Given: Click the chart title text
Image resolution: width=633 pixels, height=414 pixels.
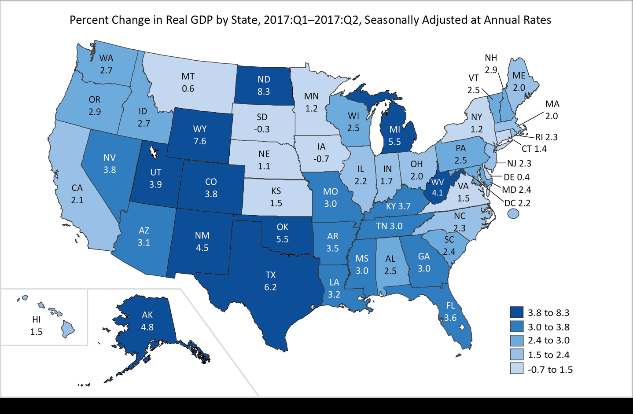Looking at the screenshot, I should coord(310,20).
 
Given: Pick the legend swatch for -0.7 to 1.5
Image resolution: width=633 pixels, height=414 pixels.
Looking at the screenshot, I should coord(516,369).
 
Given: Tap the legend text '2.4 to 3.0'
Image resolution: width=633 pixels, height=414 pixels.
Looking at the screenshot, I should coord(548,341).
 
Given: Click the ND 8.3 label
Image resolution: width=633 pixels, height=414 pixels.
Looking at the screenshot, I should coord(264,85).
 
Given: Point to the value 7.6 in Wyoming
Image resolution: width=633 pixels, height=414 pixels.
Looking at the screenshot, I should coord(200,141).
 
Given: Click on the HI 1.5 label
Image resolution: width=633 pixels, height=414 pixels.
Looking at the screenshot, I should coord(36,326).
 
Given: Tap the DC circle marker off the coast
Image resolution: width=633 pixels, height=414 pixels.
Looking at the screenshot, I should coord(513,214).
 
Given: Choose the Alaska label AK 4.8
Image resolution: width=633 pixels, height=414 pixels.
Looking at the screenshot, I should coord(147,321).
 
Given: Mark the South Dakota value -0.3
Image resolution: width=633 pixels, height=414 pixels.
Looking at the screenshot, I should coord(262,129).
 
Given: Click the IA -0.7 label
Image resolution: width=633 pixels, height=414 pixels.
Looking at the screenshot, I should coord(321,153).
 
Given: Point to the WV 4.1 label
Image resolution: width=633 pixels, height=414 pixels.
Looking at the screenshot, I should coord(438,187).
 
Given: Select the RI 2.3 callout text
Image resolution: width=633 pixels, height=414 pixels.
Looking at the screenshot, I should coord(546,137).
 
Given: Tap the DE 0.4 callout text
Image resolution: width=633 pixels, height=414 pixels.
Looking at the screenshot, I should coord(516,177).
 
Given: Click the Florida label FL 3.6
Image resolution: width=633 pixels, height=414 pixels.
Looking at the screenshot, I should coord(450,311).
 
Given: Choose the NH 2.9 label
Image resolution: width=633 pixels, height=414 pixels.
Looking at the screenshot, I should coord(491,64).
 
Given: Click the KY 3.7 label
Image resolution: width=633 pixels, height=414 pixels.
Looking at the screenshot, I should coord(398,206).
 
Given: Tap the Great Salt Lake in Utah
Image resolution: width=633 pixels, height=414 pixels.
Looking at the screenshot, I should coord(154,152).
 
